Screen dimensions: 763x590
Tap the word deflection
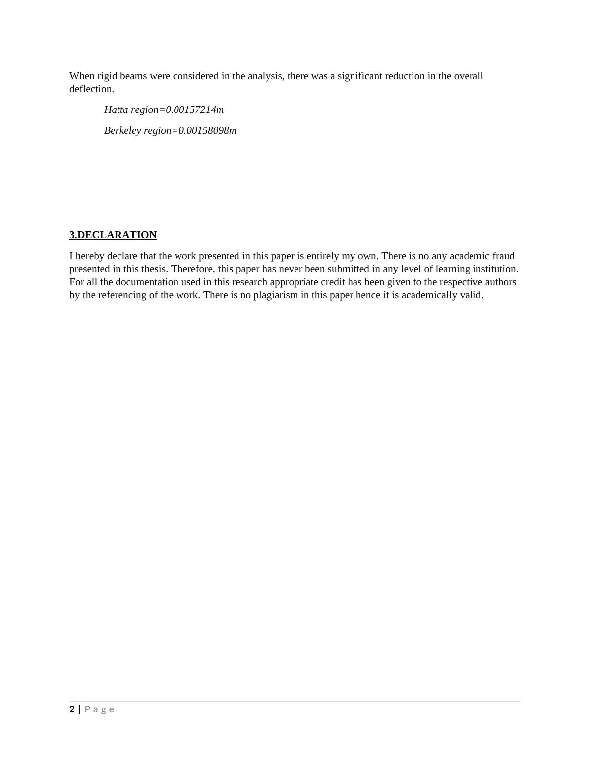tap(92, 89)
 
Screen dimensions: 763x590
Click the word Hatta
tap(116, 110)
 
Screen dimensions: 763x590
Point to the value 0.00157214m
tap(195, 110)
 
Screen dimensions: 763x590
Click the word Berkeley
tap(122, 131)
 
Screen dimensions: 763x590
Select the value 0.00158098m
tap(208, 131)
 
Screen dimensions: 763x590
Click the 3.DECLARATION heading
tap(113, 235)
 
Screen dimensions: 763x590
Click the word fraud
tap(503, 256)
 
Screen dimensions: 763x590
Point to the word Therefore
tap(192, 269)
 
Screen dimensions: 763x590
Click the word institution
tap(494, 269)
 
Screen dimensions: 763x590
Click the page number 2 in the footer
tap(72, 709)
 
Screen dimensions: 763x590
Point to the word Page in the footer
tap(100, 709)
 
